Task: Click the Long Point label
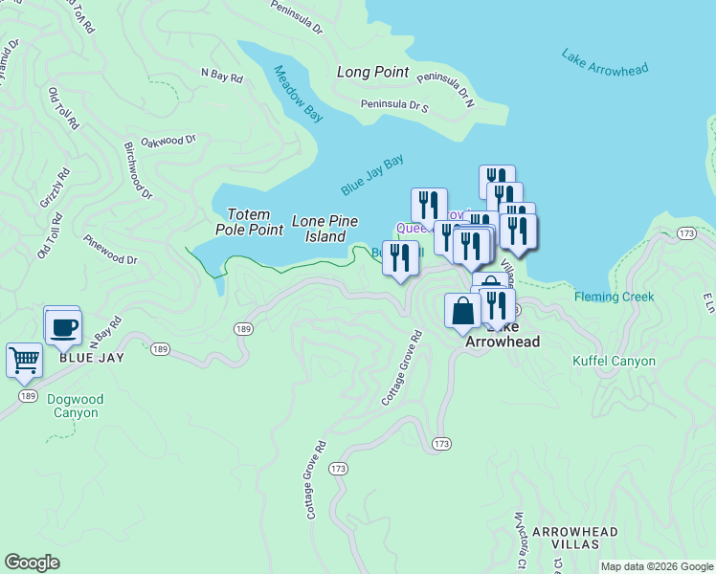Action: [x=372, y=72]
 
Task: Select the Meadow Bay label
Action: [x=299, y=94]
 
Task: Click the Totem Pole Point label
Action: [x=255, y=222]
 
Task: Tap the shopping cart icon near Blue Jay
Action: [x=24, y=360]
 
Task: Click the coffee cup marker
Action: [x=63, y=326]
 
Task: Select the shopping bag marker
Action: [x=462, y=311]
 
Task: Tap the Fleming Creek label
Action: [x=615, y=297]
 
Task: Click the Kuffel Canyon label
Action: [x=614, y=361]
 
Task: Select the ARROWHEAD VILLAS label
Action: [x=574, y=537]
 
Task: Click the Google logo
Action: [x=32, y=563]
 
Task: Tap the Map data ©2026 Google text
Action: [x=656, y=566]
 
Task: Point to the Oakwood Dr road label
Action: [x=168, y=141]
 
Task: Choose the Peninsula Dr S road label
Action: [x=393, y=105]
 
